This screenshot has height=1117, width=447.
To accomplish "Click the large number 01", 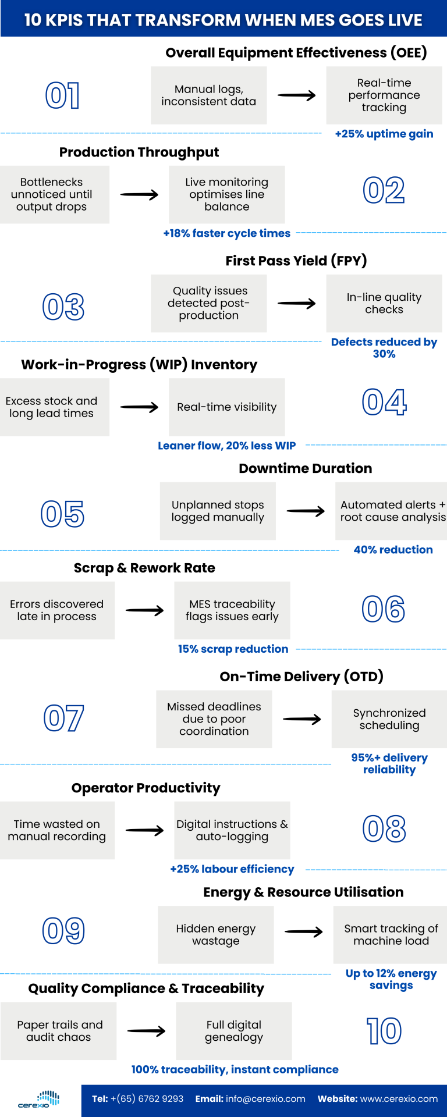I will click(62, 95).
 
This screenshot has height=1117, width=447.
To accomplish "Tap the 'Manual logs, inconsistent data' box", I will click(208, 95).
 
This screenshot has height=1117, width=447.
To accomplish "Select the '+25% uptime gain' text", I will click(384, 134).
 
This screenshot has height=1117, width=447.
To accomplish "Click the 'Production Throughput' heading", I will click(139, 152).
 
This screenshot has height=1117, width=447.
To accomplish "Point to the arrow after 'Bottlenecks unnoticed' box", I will click(139, 195).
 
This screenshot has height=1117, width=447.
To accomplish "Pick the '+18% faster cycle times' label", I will click(226, 233).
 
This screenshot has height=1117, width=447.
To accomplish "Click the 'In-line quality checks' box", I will click(384, 303).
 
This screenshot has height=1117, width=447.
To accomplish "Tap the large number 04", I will click(384, 402).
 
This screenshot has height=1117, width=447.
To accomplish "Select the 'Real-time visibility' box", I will click(226, 407).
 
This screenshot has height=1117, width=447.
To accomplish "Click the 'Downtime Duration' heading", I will click(305, 468).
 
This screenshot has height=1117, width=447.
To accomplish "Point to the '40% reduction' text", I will click(393, 550).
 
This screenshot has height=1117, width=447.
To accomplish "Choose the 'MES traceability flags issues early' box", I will click(232, 610).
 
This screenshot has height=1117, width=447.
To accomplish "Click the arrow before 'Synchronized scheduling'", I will click(301, 720).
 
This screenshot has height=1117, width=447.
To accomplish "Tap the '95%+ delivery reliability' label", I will click(389, 763).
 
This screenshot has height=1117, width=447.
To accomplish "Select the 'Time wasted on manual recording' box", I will click(57, 830).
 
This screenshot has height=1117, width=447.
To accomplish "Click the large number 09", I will click(63, 931).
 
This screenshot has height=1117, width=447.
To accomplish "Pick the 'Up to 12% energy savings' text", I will click(391, 979).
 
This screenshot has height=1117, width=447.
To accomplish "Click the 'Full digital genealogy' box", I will click(233, 1031).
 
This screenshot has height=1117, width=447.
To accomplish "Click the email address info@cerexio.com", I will click(265, 1099).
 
